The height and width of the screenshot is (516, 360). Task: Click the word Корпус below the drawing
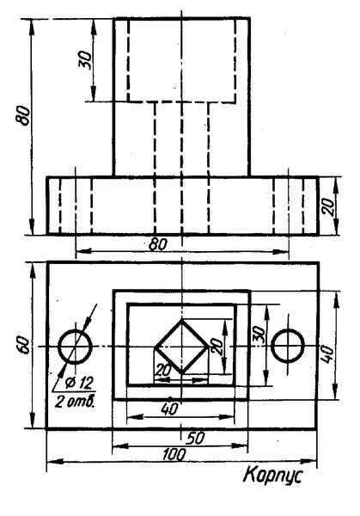pos(272,476)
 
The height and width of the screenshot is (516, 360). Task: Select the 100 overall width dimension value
pos(174,455)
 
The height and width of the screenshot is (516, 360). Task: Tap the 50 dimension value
pos(196,439)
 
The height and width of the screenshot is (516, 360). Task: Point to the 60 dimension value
pos(25,345)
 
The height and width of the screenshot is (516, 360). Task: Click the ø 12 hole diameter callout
pos(79,383)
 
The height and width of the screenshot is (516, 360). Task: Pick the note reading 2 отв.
pos(75,401)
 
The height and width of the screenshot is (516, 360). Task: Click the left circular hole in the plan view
pos(75,347)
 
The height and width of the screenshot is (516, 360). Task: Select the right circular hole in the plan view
pos(288,347)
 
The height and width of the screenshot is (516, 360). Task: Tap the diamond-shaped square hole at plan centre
pos(182,347)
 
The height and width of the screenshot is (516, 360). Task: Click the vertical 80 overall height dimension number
pos(23,115)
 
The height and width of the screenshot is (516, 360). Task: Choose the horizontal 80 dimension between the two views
pos(158,244)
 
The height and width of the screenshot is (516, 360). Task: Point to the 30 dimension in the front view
pos(85,59)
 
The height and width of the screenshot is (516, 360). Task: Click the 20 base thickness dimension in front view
pos(328,206)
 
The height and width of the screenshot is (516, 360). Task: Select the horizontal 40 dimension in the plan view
pos(169,408)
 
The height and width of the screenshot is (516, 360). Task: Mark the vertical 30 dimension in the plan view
pos(259,335)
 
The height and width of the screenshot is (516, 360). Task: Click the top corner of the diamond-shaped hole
pos(182,320)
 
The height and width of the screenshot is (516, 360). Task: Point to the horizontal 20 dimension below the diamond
pos(163,370)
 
